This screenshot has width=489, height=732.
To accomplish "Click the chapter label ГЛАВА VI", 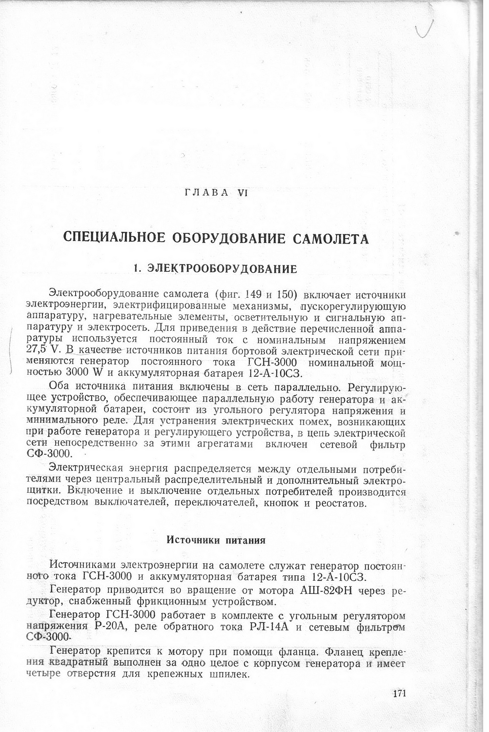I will (217, 193).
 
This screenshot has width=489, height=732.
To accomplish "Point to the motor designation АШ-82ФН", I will (325, 591).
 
